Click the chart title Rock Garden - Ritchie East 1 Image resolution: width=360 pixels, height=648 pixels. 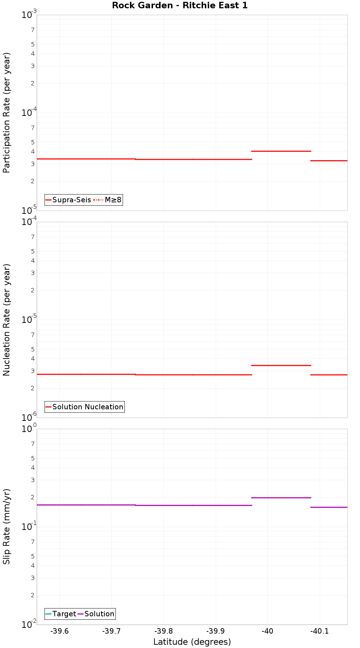point(180,5)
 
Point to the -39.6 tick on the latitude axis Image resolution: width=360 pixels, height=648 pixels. point(59,631)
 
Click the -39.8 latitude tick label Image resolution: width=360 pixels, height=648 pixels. point(163,631)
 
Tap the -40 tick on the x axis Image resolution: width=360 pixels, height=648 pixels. point(267,631)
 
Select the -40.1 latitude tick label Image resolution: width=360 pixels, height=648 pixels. point(319,631)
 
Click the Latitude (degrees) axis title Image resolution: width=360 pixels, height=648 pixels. point(192,642)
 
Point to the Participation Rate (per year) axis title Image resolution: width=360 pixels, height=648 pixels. point(7,113)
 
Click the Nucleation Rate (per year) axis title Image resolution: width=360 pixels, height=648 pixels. point(7,320)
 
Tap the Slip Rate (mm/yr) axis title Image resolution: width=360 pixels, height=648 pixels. point(7,526)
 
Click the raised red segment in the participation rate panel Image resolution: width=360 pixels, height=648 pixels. point(281,151)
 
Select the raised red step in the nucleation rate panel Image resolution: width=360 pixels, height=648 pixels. point(281,365)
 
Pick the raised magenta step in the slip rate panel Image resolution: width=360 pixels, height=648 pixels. point(281,498)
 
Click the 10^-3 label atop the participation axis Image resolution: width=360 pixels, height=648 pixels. point(29,15)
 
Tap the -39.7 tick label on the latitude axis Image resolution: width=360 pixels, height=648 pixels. point(111,631)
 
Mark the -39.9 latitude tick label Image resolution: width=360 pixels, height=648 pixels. point(215,631)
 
